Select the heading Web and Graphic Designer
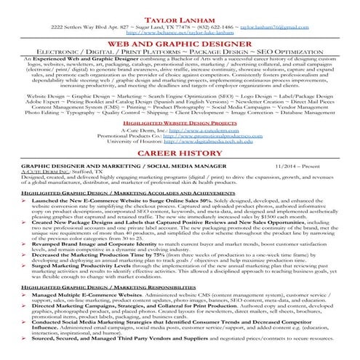[x=180, y=43]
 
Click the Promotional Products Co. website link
[x=215, y=138]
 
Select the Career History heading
[x=180, y=156]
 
